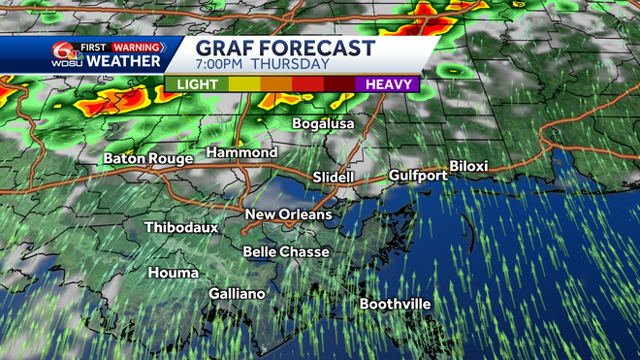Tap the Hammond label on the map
(x=241, y=153)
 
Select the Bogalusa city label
(x=324, y=124)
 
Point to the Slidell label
(x=335, y=178)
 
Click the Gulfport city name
(x=418, y=176)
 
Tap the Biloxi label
(x=468, y=167)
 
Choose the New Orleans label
(x=288, y=214)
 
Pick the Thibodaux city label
(x=181, y=228)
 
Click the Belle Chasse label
(x=286, y=251)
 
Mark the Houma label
(x=173, y=273)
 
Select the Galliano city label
(x=238, y=293)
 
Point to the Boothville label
(x=395, y=304)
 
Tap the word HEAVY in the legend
(x=391, y=84)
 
